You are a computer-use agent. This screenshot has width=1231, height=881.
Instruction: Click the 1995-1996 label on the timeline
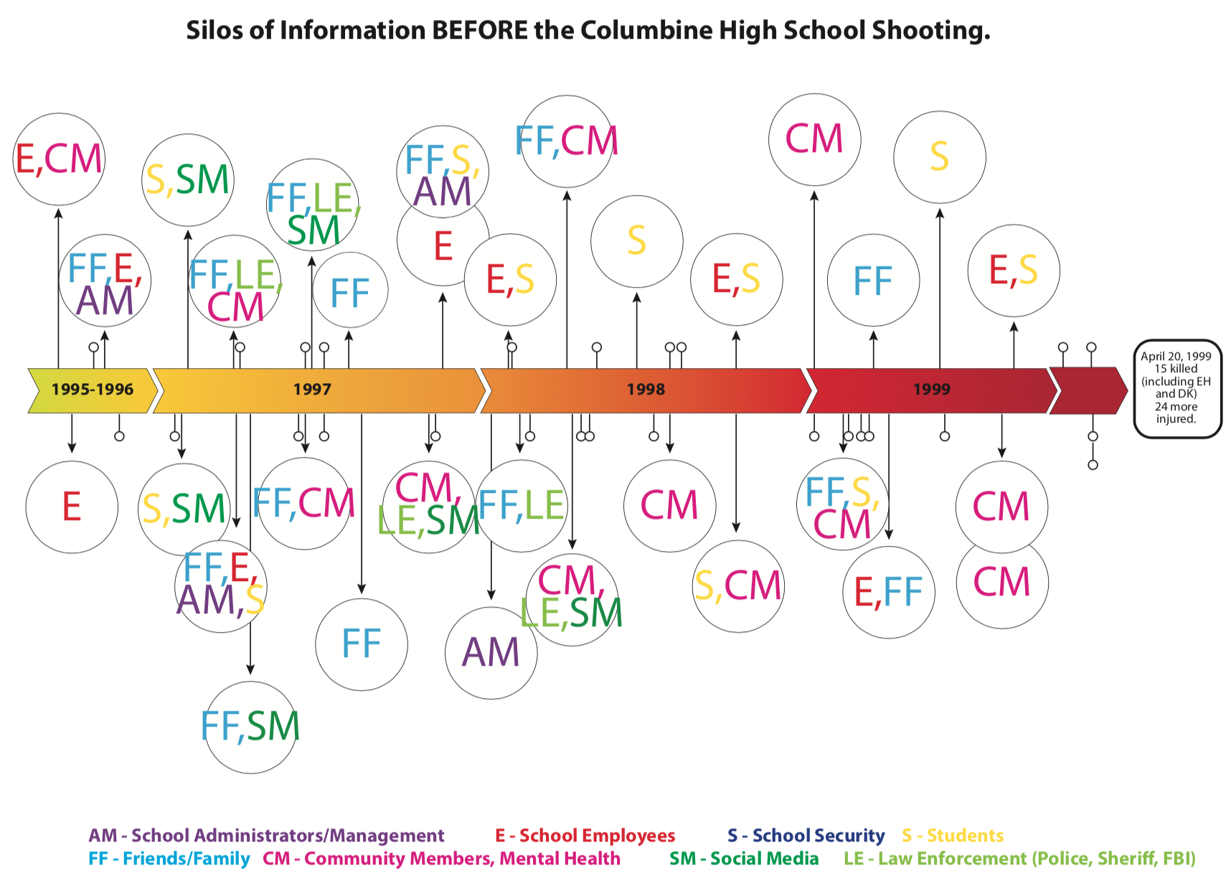[92, 390]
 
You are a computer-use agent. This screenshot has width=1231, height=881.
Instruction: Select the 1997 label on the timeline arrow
[312, 390]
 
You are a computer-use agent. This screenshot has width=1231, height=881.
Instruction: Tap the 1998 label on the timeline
[646, 390]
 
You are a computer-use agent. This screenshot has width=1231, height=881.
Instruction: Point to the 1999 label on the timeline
[931, 390]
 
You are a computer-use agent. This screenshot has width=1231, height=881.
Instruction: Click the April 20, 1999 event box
[1176, 388]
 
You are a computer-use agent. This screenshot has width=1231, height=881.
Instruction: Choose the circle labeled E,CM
[59, 159]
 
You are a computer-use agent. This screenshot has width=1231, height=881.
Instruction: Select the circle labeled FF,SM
[250, 727]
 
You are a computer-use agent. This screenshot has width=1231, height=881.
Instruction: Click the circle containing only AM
[491, 653]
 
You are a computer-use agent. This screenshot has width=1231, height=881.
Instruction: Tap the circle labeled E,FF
[889, 592]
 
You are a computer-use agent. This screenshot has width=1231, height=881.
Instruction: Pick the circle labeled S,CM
[738, 586]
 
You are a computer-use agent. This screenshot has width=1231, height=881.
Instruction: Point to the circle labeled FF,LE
[522, 506]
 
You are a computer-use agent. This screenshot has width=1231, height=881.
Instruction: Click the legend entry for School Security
[806, 836]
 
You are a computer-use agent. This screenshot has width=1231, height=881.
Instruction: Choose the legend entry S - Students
[952, 836]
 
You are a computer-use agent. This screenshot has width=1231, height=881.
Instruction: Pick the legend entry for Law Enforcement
[1019, 859]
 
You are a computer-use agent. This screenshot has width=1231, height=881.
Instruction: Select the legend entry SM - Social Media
[744, 859]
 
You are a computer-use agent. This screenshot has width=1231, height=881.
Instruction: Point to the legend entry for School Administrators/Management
[266, 836]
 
